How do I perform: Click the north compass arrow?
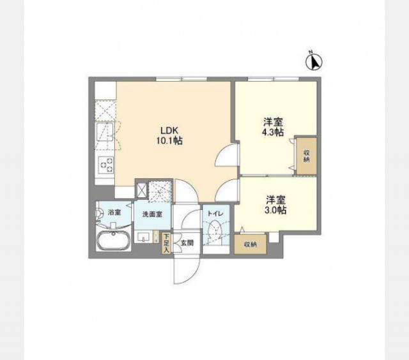click(x=314, y=61)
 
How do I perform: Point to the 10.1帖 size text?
click(x=169, y=140)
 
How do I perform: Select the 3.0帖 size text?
click(x=277, y=209)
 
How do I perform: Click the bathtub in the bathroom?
click(x=112, y=243)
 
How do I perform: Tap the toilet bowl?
click(x=215, y=230)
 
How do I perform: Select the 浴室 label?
click(x=114, y=211)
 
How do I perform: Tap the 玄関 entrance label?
click(x=186, y=243)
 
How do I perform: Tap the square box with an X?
click(x=141, y=189)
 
